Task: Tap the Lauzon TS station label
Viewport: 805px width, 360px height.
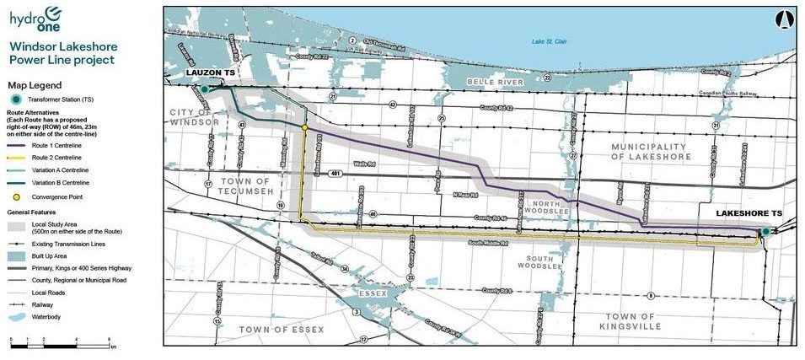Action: [x=210, y=75]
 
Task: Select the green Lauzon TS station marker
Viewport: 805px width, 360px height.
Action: [x=204, y=88]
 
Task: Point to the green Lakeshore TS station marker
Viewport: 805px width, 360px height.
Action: [x=765, y=231]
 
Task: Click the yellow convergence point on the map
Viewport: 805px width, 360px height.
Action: [x=304, y=126]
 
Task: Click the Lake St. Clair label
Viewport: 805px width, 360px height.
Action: [x=550, y=41]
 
